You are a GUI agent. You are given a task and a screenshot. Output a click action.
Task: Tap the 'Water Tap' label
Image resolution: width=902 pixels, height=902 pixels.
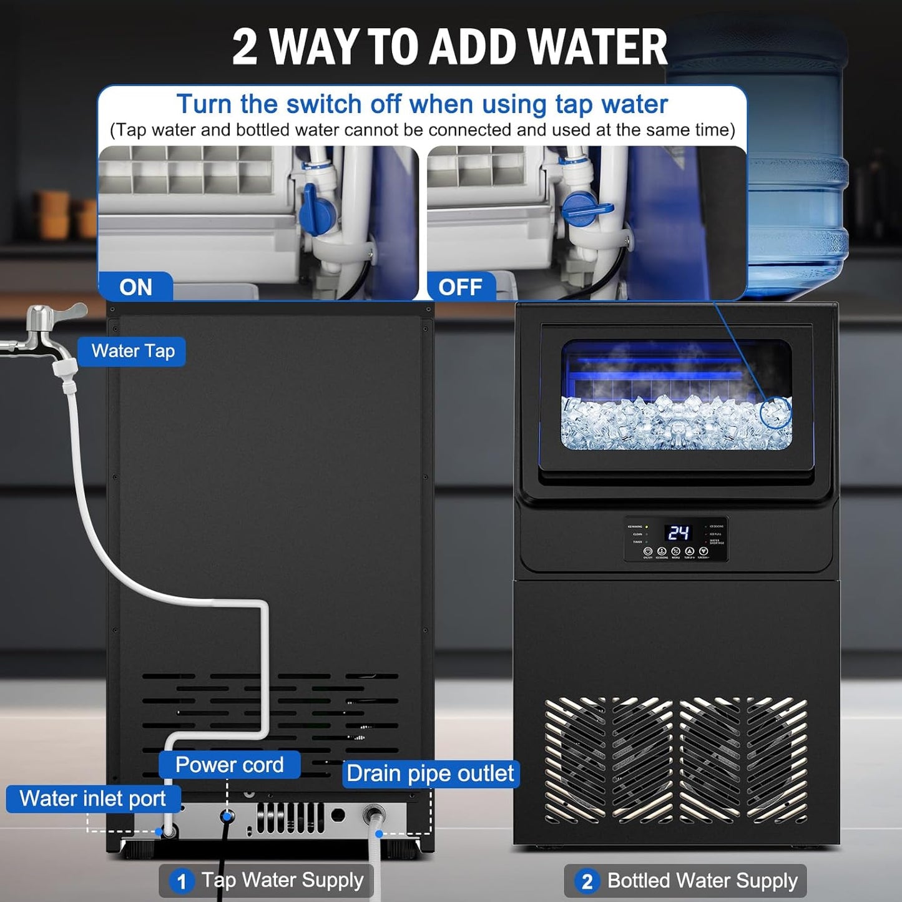click(132, 351)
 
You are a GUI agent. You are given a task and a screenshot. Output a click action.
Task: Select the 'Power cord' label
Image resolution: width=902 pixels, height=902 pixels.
click(229, 765)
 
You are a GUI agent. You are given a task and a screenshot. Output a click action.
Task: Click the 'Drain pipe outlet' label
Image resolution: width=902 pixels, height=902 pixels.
click(430, 773)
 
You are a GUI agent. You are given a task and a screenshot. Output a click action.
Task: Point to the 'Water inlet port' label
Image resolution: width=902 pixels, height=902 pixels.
click(93, 798)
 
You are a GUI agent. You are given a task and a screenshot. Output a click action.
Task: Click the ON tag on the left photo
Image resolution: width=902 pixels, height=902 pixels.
click(135, 287)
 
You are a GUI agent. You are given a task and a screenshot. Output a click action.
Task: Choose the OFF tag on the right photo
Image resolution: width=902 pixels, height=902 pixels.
click(461, 287)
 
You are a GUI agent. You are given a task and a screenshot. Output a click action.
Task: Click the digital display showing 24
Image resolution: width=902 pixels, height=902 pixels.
click(678, 532)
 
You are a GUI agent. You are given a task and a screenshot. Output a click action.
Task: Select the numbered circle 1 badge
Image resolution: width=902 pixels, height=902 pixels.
click(182, 881)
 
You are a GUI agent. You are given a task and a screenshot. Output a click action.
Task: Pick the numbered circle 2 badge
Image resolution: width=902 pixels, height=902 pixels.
click(587, 881)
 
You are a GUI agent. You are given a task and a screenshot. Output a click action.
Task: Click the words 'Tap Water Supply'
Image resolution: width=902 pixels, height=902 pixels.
click(282, 880)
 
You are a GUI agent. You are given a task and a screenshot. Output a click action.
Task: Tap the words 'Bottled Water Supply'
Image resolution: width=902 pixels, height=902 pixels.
click(702, 881)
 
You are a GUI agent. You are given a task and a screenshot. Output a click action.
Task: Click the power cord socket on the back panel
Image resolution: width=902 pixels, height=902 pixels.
click(228, 815)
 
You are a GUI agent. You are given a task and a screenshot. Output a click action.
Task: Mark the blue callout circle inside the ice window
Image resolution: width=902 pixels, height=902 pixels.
click(776, 412)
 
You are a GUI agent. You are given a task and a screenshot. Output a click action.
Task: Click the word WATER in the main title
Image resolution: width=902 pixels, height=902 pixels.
click(601, 47)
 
